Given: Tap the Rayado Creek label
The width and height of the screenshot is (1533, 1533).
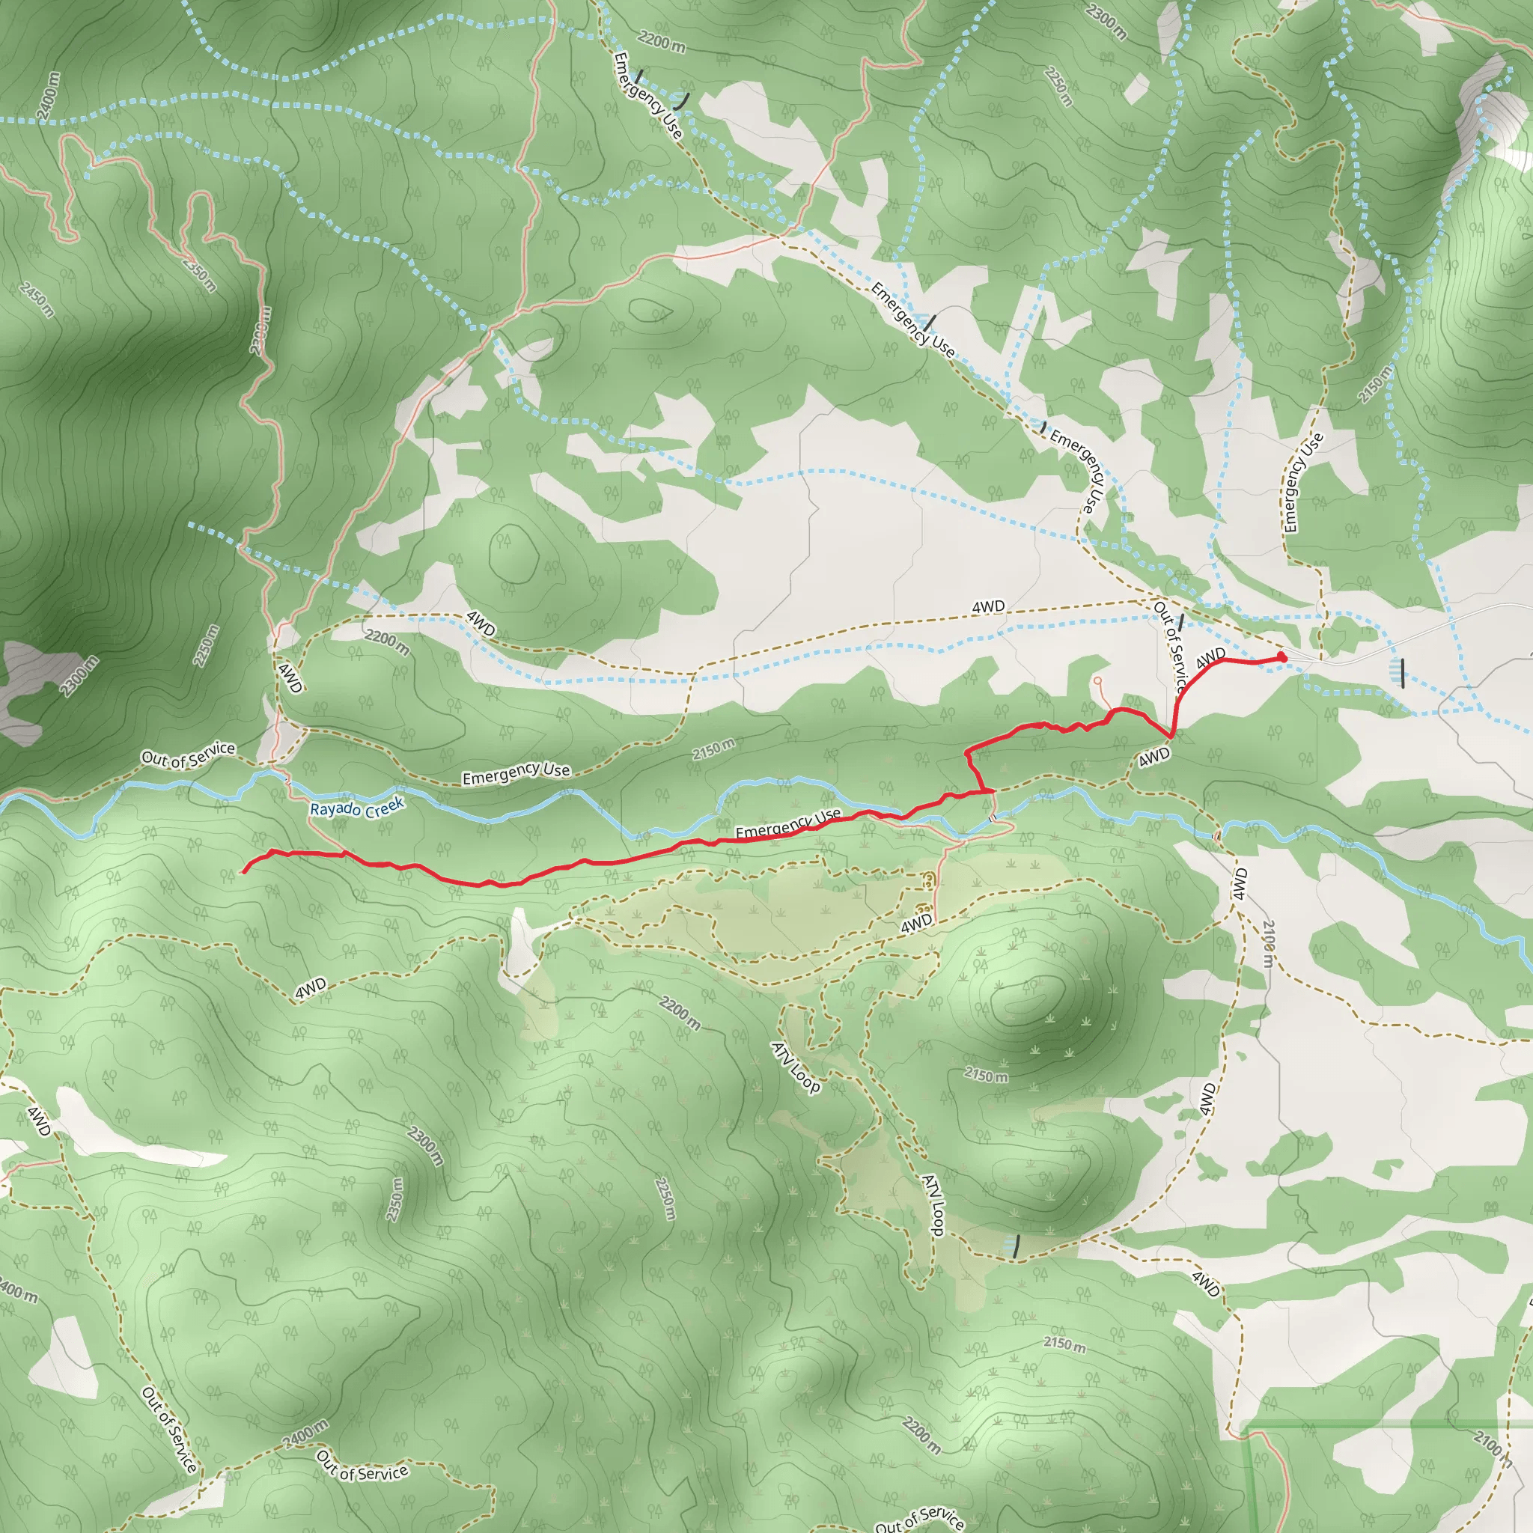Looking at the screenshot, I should (x=357, y=808).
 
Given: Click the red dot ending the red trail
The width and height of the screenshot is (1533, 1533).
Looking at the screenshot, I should (x=1281, y=658).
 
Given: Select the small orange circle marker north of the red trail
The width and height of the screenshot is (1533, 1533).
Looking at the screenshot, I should (x=1097, y=681).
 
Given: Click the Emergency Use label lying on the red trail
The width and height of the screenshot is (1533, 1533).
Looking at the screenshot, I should (x=787, y=823).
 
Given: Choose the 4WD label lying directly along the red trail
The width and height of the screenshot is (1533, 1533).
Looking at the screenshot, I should (x=1211, y=658).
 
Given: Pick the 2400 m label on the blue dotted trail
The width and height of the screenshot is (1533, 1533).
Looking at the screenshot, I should (x=48, y=95).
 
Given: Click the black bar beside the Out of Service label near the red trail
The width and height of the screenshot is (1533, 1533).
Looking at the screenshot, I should (x=1181, y=621).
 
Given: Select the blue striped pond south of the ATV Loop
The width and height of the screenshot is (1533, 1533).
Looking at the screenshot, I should (x=1013, y=1246).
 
